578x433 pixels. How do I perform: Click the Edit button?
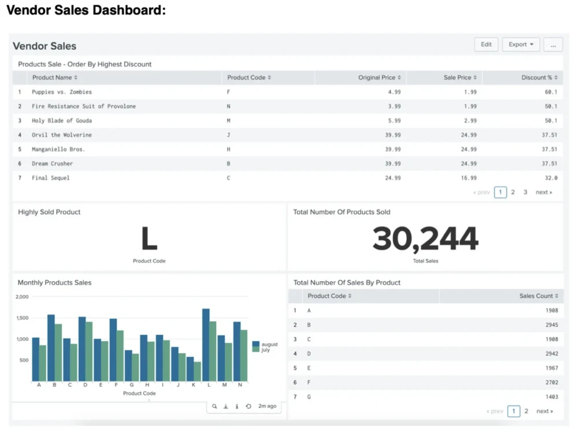(486, 44)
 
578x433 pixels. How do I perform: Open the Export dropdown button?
(521, 44)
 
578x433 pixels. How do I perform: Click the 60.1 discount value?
(551, 92)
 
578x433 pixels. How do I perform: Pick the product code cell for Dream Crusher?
(229, 163)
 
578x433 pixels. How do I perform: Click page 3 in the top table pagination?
(525, 192)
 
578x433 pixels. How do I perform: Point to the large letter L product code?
(149, 239)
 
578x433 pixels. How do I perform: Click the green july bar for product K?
(198, 371)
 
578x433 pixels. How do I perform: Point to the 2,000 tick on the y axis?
(22, 297)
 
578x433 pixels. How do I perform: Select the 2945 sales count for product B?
(551, 325)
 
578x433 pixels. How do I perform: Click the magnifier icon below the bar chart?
(214, 406)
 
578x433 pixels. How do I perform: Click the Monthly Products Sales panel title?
(54, 283)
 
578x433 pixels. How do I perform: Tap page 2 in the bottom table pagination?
(526, 411)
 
